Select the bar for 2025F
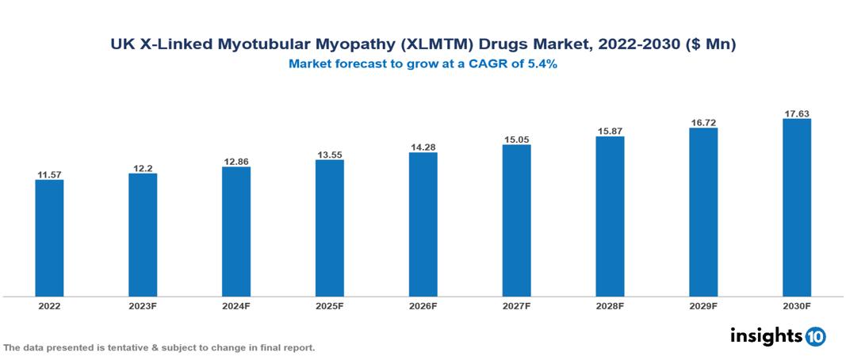330,228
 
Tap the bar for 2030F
797,208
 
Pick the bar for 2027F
516,220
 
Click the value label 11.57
49,174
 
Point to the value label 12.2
143,167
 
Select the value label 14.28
423,147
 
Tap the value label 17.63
797,113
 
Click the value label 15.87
610,131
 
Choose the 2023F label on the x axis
143,305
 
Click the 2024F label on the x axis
236,305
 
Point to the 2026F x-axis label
423,305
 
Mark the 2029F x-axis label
703,305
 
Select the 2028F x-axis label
610,305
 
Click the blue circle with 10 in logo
815,336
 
